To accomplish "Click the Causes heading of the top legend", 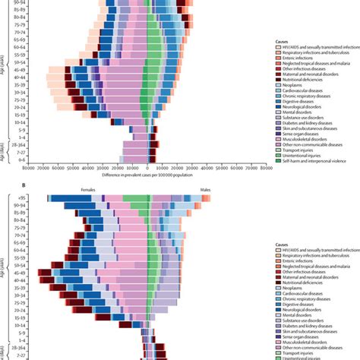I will point(283,41).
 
